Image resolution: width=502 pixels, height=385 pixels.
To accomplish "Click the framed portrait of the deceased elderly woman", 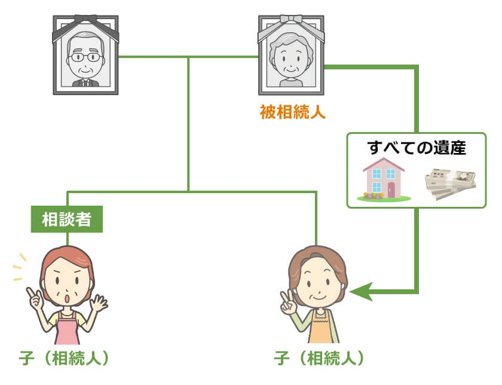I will (x=291, y=57).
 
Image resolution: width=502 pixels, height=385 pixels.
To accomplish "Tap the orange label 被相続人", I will (x=292, y=112).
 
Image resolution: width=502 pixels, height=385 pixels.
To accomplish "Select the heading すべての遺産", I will (x=417, y=148).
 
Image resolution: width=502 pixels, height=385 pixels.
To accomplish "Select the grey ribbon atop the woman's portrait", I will (x=291, y=23).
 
